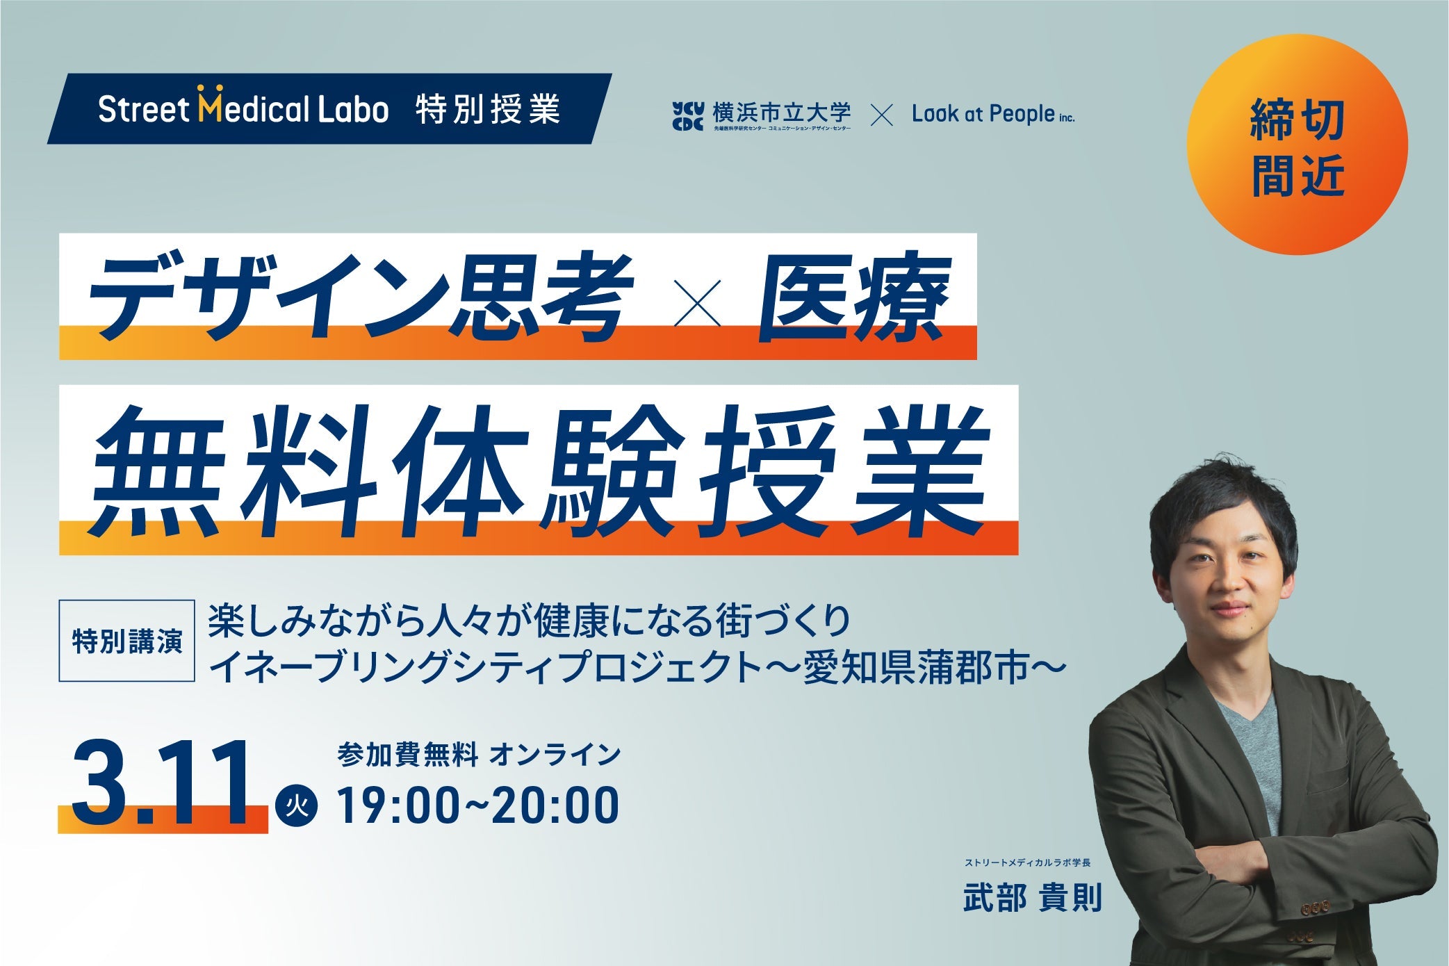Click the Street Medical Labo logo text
point(243,109)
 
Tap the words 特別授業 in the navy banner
point(488,110)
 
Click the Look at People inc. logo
point(992,114)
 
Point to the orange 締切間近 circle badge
point(1297,145)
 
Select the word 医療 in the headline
point(853,297)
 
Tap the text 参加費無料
point(408,755)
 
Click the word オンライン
point(555,755)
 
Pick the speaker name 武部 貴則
point(1033,899)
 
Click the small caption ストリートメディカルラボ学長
point(1027,863)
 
